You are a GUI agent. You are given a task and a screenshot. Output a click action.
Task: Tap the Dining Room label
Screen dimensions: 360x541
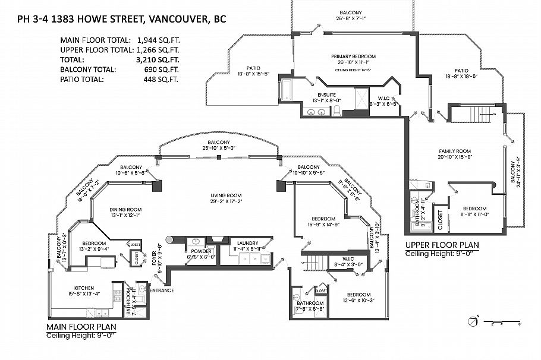[x=125, y=209]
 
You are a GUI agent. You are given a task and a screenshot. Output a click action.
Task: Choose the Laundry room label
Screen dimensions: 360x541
[x=247, y=242]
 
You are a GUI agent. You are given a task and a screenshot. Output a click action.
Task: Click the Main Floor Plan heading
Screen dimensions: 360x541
[x=81, y=327]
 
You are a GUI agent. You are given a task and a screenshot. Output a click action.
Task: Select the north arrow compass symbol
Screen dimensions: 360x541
[x=474, y=321]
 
